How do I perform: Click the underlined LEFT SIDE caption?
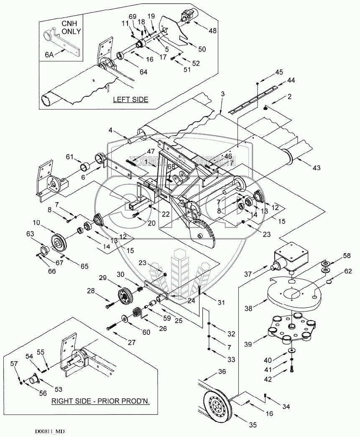tap(131, 100)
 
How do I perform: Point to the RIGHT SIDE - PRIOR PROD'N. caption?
tap(100, 401)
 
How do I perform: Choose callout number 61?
tap(71, 157)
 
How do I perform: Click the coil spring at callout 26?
tap(137, 313)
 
